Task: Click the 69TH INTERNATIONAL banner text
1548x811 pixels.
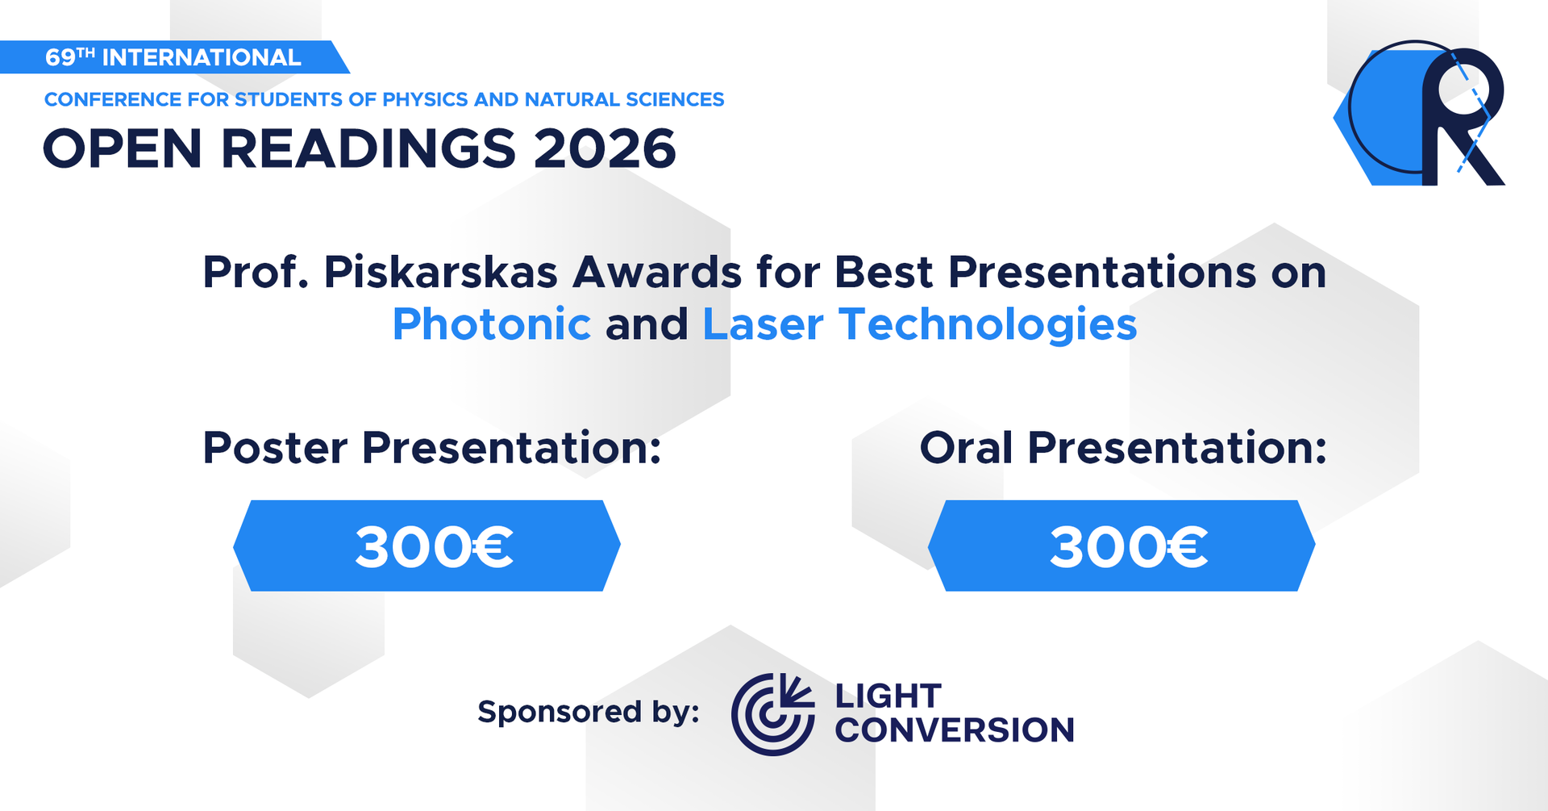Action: [173, 57]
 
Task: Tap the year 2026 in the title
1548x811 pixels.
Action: [605, 149]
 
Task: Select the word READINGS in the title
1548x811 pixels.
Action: [368, 149]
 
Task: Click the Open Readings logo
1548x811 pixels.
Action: [1420, 113]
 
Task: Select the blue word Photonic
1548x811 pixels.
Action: [492, 325]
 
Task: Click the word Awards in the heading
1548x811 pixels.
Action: [657, 273]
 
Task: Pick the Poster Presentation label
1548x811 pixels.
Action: [432, 448]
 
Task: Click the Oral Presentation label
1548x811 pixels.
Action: [1123, 448]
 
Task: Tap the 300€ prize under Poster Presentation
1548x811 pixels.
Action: [434, 547]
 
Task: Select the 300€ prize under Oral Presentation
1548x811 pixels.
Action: [1129, 547]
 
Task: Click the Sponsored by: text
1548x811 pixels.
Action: [589, 712]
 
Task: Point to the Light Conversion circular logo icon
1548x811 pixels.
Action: [772, 714]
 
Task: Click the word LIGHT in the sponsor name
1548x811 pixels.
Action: [888, 696]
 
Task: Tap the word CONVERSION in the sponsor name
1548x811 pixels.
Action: [955, 730]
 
